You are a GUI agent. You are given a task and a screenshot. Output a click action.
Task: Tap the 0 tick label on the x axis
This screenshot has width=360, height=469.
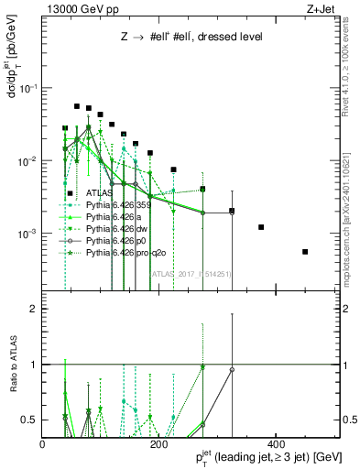click(42, 444)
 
